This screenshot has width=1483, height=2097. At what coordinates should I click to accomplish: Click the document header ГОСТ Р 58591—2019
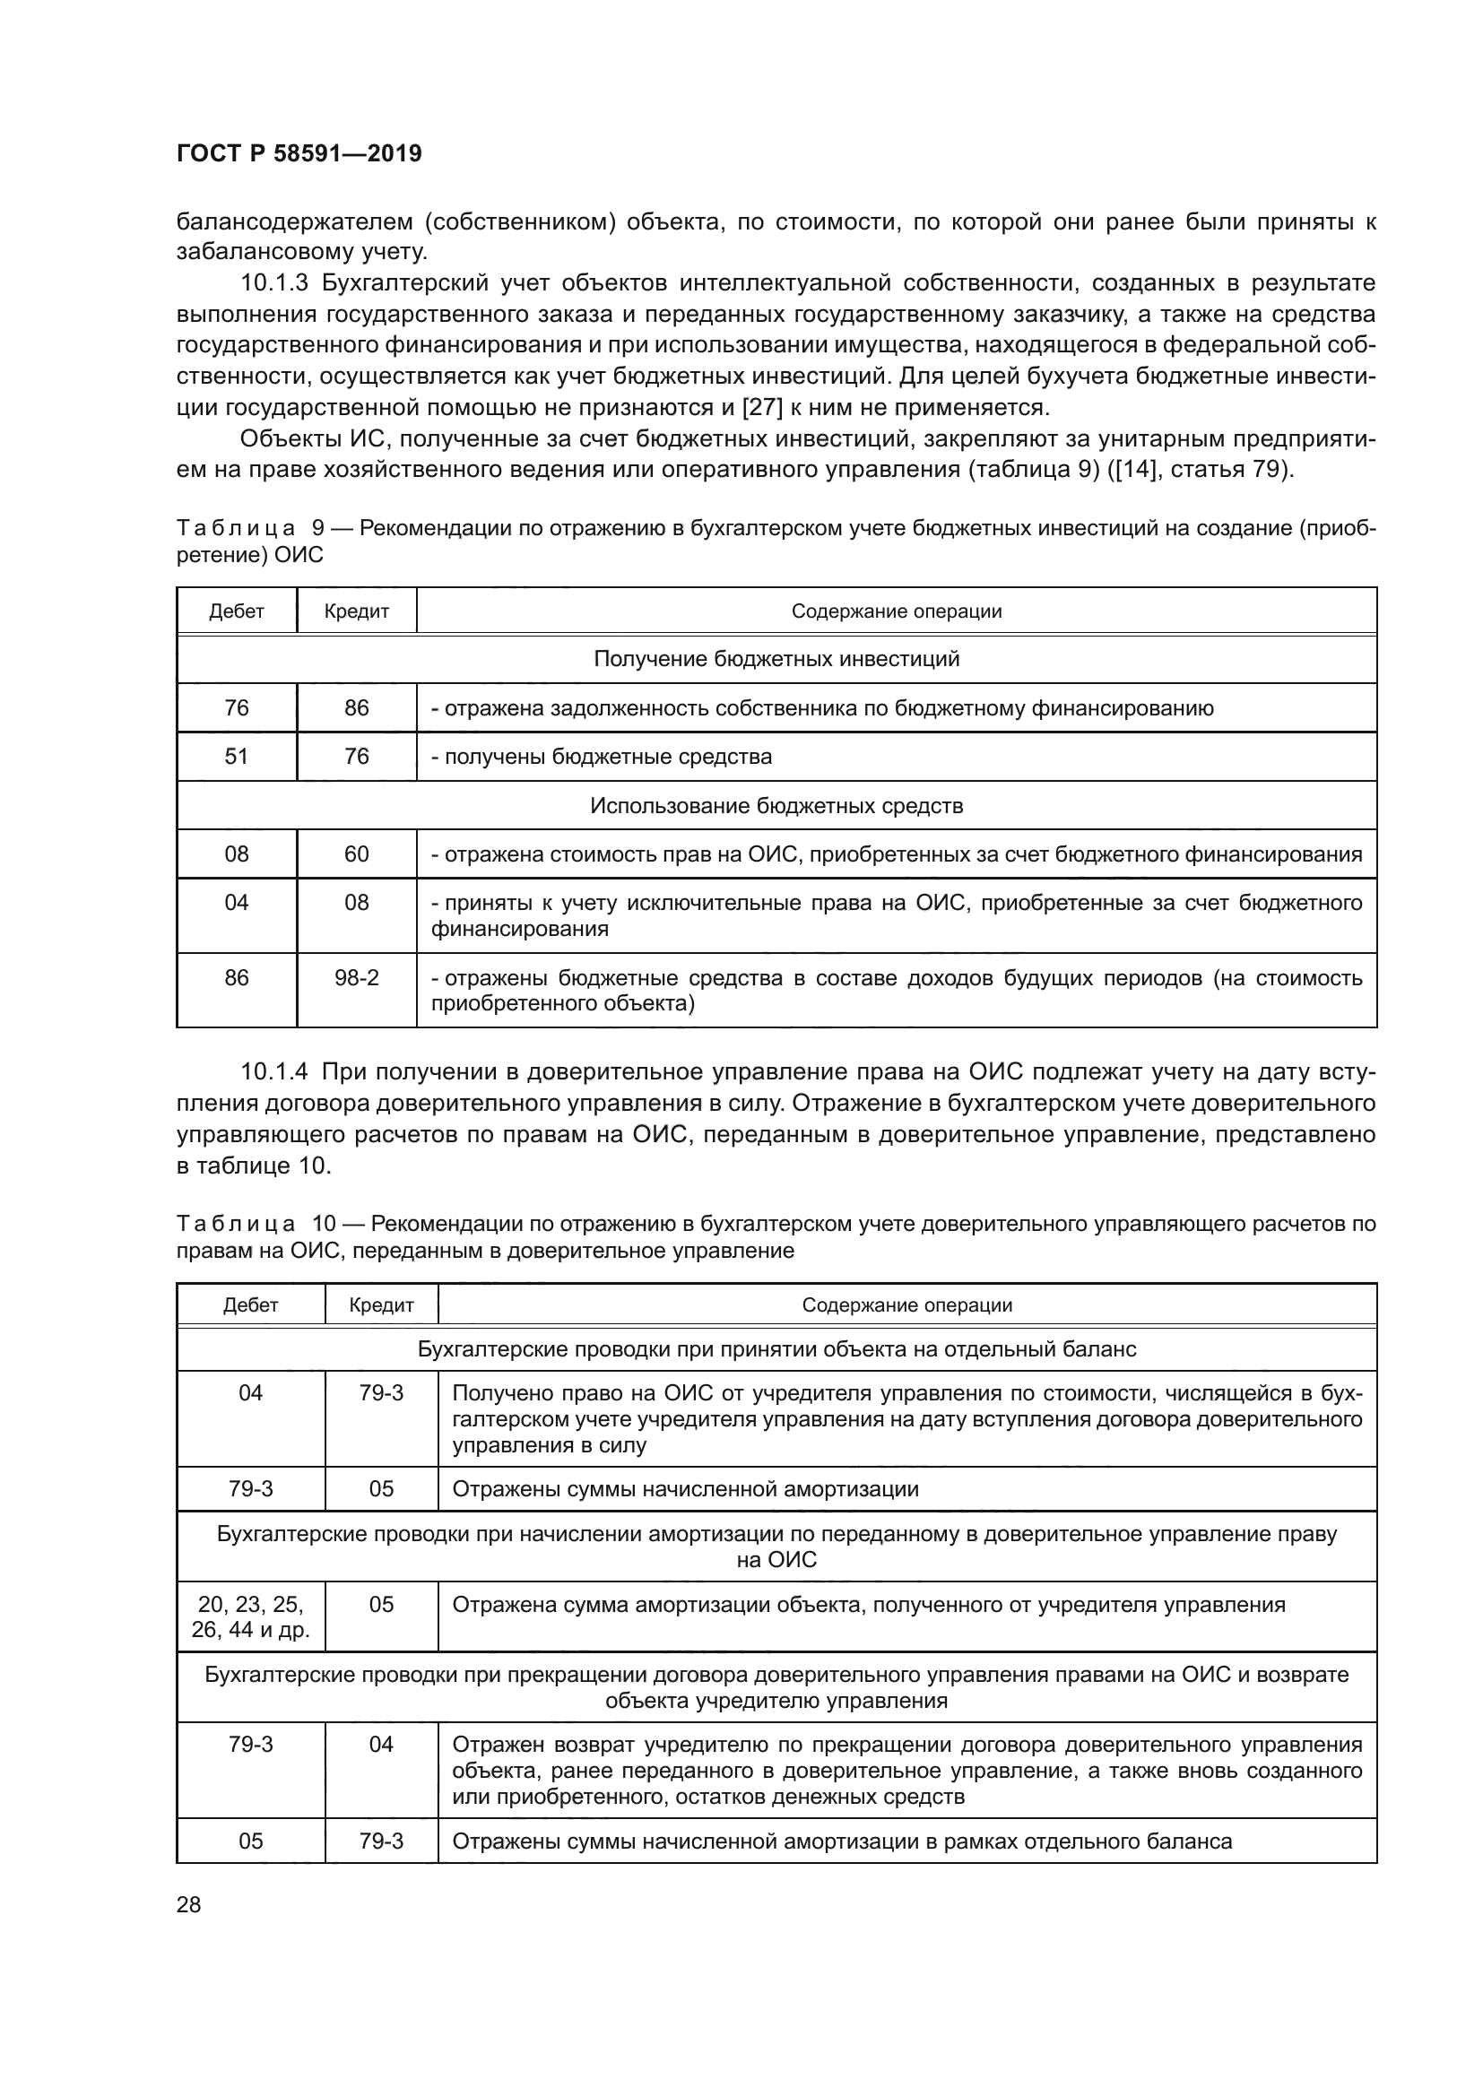[299, 153]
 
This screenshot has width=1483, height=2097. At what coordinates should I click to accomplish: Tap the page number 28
[189, 1904]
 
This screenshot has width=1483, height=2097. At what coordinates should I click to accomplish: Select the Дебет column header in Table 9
[237, 611]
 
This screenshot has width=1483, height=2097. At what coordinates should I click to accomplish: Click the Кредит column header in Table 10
[381, 1305]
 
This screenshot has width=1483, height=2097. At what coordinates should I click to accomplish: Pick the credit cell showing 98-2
[356, 978]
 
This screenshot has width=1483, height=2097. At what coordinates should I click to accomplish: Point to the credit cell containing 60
[356, 854]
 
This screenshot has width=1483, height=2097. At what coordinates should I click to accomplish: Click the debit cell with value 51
[237, 757]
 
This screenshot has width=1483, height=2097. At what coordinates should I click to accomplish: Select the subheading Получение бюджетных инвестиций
[776, 659]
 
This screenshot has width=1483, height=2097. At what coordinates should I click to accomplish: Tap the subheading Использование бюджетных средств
[776, 806]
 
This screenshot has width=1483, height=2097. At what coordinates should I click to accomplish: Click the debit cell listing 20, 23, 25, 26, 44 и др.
[250, 1616]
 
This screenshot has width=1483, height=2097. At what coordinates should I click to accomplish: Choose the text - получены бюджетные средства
[602, 757]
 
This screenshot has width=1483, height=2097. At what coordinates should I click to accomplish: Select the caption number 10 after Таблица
[324, 1223]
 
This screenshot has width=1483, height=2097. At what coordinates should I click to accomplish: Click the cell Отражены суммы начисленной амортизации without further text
[685, 1489]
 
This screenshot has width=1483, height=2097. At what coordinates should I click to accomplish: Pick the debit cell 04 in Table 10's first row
[250, 1393]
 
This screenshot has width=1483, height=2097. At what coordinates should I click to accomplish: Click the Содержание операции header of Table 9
[896, 611]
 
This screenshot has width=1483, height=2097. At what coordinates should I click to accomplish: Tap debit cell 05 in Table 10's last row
[250, 1841]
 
